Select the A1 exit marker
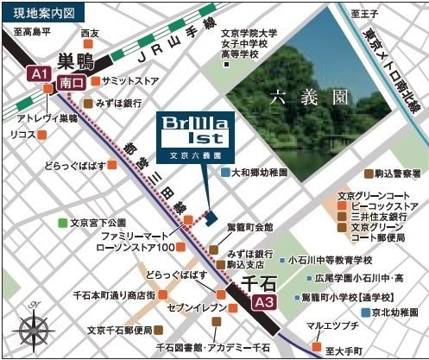37,75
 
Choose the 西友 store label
89,33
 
